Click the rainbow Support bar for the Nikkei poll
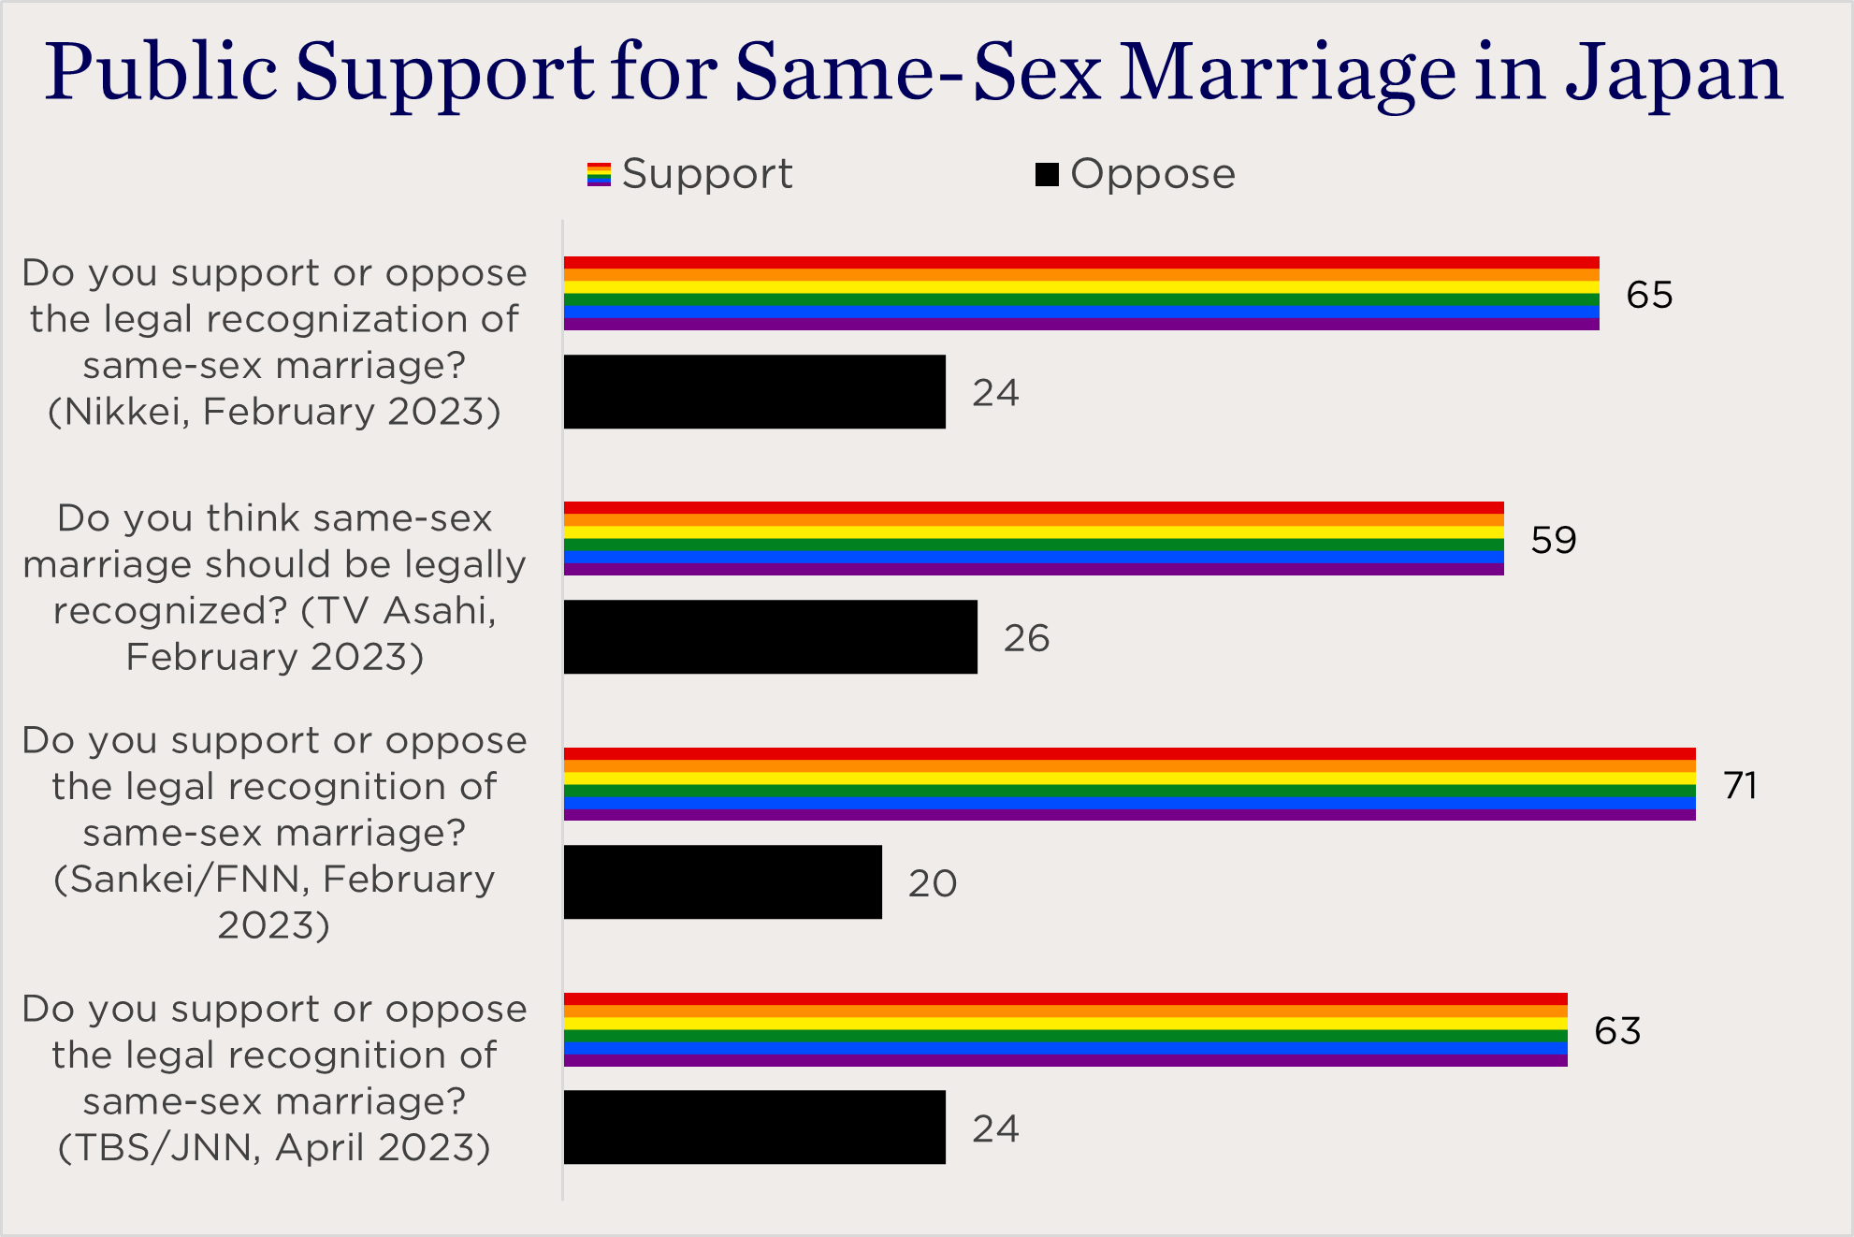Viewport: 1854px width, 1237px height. coord(1080,293)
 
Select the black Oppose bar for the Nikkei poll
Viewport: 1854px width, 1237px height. coord(754,391)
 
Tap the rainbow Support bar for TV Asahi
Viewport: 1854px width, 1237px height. coord(1033,538)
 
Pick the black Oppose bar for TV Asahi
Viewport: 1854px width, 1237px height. coord(770,636)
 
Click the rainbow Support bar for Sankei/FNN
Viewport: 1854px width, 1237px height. coord(1129,784)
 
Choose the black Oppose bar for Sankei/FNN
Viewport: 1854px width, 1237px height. coord(722,881)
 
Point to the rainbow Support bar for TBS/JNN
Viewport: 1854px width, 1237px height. coord(1065,1029)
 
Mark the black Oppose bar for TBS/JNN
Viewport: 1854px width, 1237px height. coord(754,1127)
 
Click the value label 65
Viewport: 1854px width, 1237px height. coord(1649,295)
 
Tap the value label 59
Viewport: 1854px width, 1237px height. coord(1554,540)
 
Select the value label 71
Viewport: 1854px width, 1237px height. coord(1740,785)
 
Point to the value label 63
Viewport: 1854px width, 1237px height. coord(1617,1030)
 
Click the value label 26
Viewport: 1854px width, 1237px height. coord(1026,638)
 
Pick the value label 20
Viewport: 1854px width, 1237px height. coord(932,883)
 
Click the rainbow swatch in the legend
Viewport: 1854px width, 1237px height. coord(599,174)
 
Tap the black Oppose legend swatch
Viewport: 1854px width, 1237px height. coord(1047,174)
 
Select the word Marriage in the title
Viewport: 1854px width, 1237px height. coord(1287,73)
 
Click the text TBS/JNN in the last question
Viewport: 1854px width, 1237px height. coord(159,1147)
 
